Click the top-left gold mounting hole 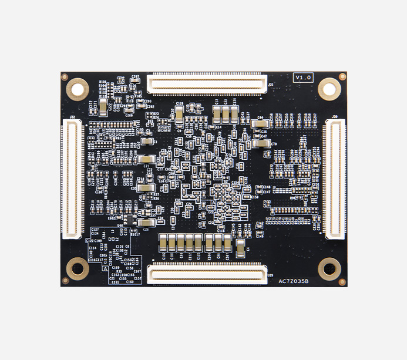pyautogui.click(x=76, y=89)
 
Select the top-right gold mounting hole pyautogui.click(x=329, y=89)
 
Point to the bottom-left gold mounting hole pyautogui.click(x=76, y=268)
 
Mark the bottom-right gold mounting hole pyautogui.click(x=329, y=268)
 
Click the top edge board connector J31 pyautogui.click(x=207, y=83)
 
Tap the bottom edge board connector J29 pyautogui.click(x=207, y=274)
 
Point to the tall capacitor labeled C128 pyautogui.click(x=179, y=114)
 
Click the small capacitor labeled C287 pyautogui.click(x=136, y=80)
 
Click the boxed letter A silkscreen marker pyautogui.click(x=105, y=268)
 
